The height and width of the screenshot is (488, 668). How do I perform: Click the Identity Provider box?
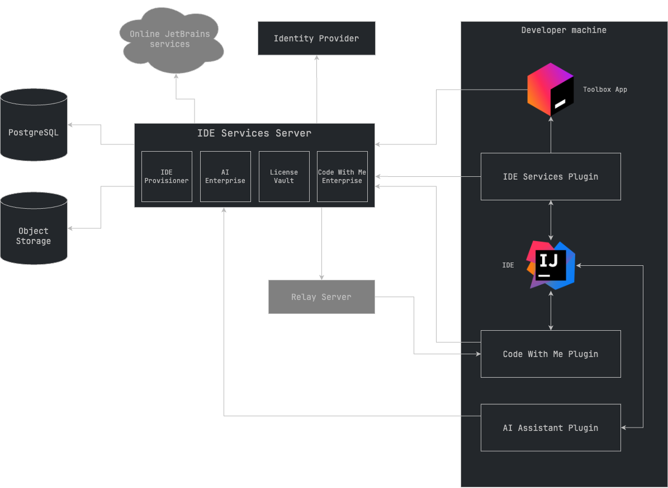[316, 38]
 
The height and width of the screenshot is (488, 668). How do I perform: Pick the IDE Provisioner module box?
[167, 176]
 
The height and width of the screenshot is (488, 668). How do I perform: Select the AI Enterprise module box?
[225, 176]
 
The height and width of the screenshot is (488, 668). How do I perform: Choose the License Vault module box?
[284, 176]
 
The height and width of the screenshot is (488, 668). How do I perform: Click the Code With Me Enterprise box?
[342, 176]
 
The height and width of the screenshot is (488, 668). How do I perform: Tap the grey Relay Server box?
[321, 297]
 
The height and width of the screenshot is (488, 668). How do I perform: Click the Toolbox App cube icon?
[550, 90]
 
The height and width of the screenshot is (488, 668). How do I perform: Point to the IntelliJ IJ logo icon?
[551, 265]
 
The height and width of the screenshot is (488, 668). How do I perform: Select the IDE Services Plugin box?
[551, 176]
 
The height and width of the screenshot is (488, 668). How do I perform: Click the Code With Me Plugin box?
[551, 354]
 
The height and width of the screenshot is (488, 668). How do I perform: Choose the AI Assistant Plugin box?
[551, 428]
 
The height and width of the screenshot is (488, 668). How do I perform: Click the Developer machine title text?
[563, 30]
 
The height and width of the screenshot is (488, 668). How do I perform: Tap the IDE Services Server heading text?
[254, 133]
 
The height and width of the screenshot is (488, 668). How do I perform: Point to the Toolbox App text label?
[605, 90]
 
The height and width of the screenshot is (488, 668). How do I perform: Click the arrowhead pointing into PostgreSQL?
[70, 124]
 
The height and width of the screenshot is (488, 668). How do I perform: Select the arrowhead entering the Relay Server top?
[321, 276]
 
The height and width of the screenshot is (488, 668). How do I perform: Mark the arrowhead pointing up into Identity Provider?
[316, 58]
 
